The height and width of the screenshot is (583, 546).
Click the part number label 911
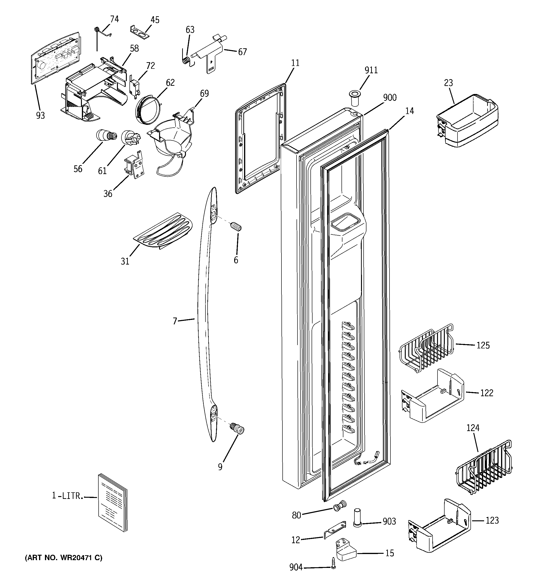[371, 70]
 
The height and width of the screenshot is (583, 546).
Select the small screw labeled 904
[333, 568]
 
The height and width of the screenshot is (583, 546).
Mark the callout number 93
[40, 116]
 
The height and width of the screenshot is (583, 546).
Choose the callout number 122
[486, 393]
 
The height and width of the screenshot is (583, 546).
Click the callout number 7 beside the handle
[175, 321]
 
